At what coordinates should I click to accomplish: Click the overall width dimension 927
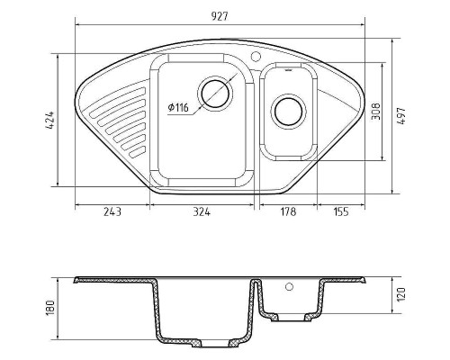(x=220, y=16)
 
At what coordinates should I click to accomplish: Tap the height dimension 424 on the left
(x=49, y=121)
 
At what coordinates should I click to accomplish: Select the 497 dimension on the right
(x=401, y=115)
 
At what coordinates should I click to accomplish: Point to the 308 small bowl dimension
(x=375, y=112)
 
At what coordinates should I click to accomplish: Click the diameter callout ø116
(x=178, y=107)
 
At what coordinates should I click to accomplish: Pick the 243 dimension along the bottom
(x=112, y=211)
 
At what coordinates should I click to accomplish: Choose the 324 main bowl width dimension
(x=202, y=211)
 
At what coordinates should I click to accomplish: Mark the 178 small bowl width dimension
(x=288, y=211)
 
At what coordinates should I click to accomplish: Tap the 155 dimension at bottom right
(x=341, y=211)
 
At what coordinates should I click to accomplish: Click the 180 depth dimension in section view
(x=51, y=308)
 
